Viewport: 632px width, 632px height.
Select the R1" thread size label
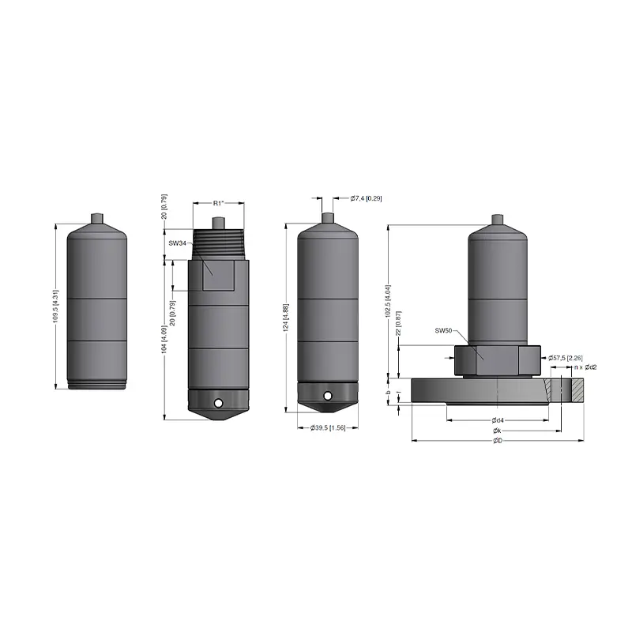coord(219,204)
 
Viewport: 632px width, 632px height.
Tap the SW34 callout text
coord(177,243)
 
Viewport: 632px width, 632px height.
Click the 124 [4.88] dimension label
coord(285,318)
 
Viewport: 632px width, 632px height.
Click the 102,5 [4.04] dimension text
coord(388,299)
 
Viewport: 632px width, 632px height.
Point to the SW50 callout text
coord(444,329)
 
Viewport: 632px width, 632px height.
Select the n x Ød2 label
coord(585,367)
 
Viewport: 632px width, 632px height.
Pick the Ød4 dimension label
coord(497,419)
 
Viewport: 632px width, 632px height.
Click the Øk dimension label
coord(497,431)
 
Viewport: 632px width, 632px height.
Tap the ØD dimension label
coord(497,441)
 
